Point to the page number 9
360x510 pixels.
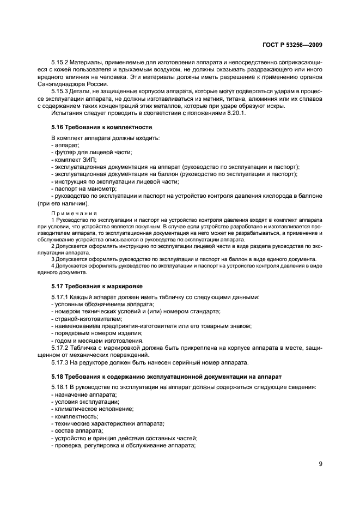pos(321,465)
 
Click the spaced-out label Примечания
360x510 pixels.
pos(74,213)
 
